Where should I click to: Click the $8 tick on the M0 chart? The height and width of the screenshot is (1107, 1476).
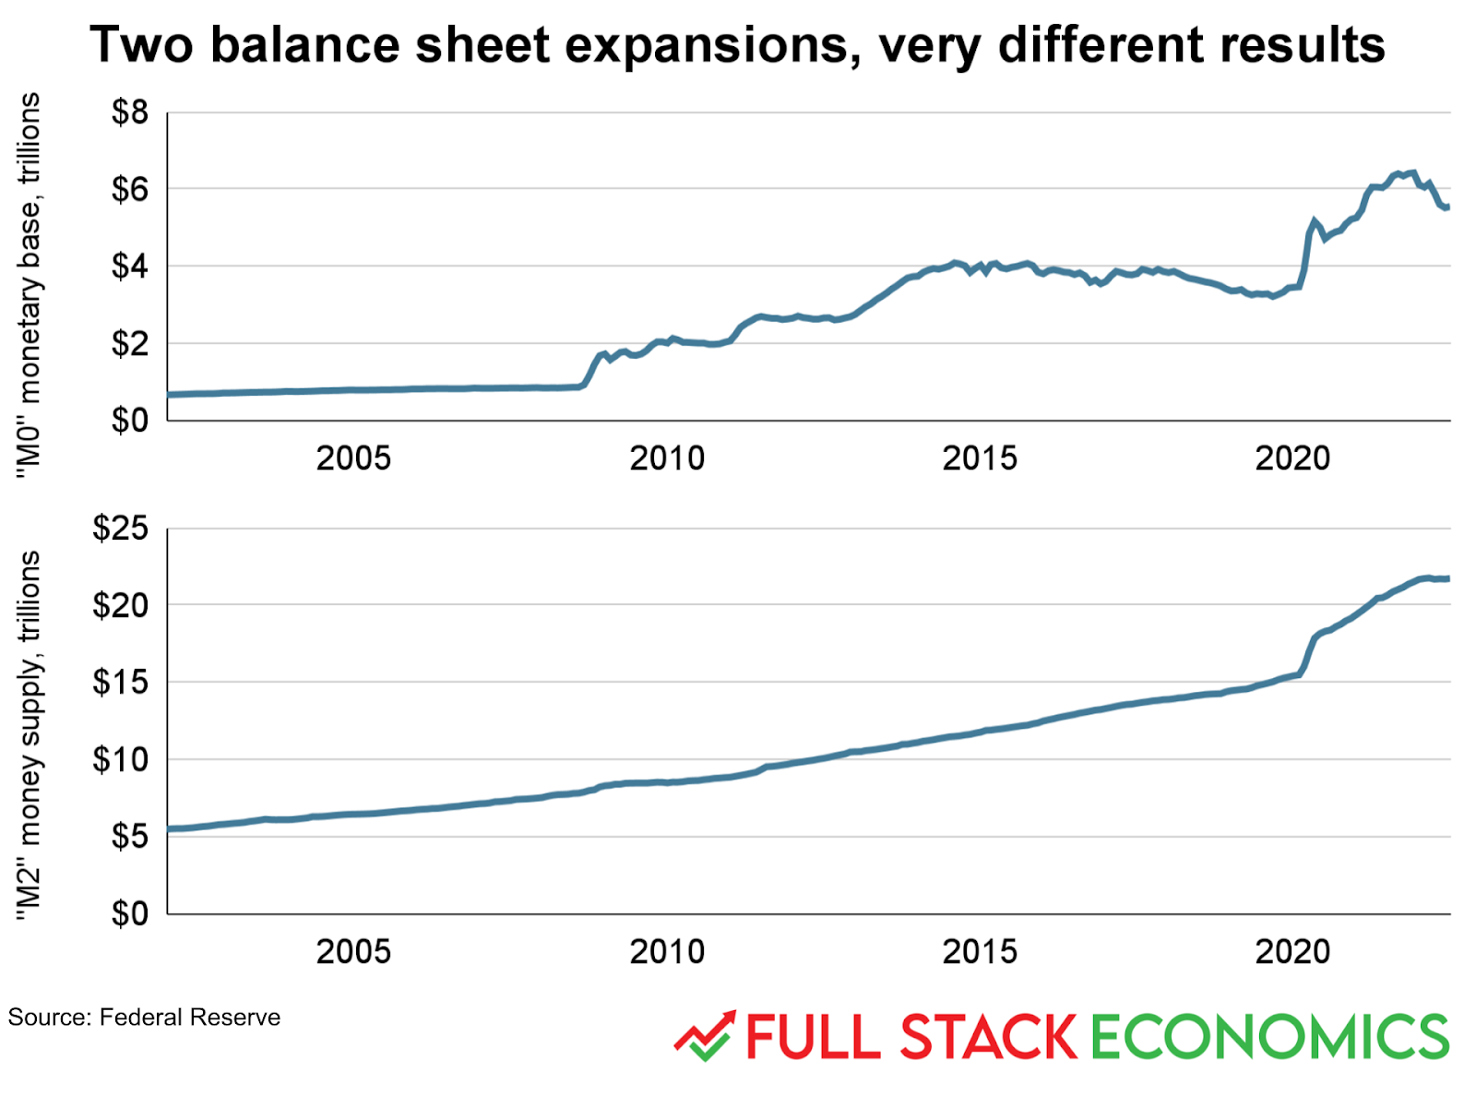129,113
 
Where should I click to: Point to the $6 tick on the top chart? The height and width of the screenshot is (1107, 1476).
129,190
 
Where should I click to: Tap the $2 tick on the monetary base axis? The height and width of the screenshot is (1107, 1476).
129,344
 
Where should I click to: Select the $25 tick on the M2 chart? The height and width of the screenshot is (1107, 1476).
120,529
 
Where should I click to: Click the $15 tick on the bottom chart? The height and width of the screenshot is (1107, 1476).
120,683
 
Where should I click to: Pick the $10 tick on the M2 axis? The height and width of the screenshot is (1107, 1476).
120,760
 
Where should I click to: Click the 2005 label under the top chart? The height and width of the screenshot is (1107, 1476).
353,458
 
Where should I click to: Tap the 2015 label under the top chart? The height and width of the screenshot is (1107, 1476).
979,458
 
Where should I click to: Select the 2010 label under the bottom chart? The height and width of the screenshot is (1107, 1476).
666,951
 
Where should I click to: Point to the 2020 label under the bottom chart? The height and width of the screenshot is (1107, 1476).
1291,951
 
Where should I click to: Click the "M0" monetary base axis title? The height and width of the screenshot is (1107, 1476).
30,286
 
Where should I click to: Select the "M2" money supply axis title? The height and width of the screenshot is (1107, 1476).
30,734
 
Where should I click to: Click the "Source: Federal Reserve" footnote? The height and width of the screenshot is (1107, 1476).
144,1018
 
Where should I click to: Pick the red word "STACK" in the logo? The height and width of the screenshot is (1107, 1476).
987,1037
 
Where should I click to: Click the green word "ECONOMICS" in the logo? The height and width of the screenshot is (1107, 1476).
1269,1037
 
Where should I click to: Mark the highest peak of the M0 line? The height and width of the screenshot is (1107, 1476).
1411,172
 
